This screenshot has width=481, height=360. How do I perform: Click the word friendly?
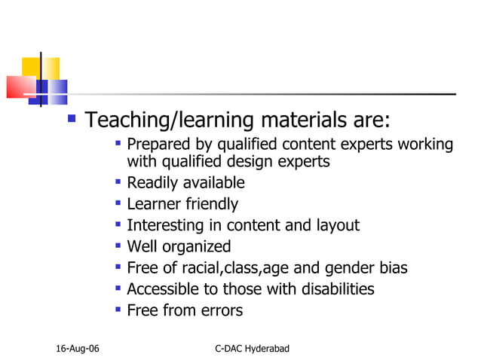coord(213,204)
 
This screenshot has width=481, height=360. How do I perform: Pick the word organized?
coord(200,246)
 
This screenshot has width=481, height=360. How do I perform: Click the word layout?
coord(337,225)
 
